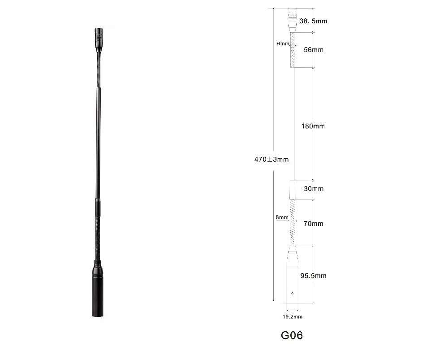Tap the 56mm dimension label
coord(313,50)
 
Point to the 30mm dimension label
coord(314,189)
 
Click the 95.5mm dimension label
coord(313,276)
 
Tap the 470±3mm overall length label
coord(271,159)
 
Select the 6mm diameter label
coord(283,43)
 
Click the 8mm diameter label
coord(282,217)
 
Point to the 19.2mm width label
coord(292,317)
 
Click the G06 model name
coord(292,335)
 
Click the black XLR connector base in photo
coord(98,291)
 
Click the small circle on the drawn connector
coord(293,294)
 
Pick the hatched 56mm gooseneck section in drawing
coord(293,50)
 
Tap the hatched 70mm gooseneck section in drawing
coord(293,223)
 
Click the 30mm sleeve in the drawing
coord(293,189)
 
